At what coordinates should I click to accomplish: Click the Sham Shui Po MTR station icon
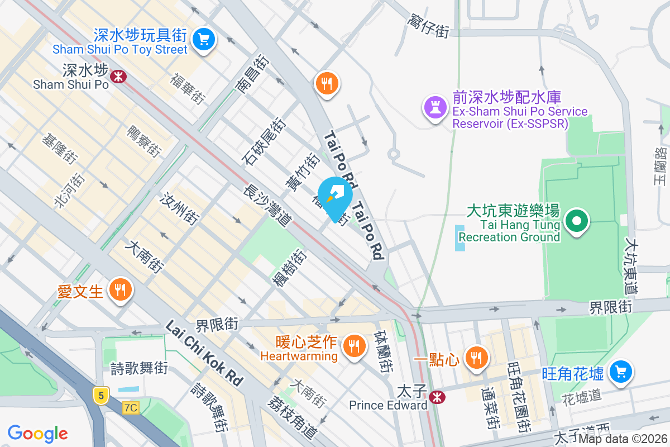[x=118, y=77]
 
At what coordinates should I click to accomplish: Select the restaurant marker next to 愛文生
[x=119, y=290]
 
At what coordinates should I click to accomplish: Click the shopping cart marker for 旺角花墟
[x=620, y=372]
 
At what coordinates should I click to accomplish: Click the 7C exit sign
[x=131, y=408]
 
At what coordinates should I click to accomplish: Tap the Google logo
[x=38, y=433]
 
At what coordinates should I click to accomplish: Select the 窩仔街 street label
[x=428, y=27]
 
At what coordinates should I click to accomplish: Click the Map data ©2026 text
[x=623, y=439]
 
